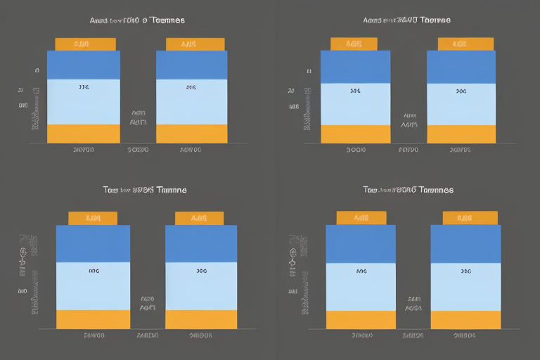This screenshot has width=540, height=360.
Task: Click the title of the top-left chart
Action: click(x=137, y=20)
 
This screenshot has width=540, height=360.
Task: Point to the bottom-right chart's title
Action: click(x=408, y=190)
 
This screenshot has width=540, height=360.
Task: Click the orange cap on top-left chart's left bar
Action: click(x=84, y=44)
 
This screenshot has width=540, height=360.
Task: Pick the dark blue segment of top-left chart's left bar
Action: click(x=83, y=65)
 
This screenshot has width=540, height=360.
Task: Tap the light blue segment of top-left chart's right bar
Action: click(x=191, y=102)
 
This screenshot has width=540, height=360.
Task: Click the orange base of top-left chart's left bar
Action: click(x=83, y=134)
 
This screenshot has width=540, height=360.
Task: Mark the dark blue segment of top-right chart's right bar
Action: click(x=461, y=67)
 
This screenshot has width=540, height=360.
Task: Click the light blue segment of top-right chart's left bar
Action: click(x=355, y=104)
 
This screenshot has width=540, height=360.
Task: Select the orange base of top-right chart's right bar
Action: click(x=461, y=134)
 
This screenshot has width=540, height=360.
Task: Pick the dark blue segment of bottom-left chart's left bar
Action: click(x=93, y=243)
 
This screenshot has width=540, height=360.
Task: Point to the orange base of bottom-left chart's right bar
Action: click(x=201, y=320)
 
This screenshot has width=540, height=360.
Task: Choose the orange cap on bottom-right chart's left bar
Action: click(x=361, y=218)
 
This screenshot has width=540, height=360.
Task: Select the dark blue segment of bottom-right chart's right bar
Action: click(x=465, y=243)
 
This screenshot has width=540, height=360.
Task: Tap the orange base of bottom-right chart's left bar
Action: click(x=361, y=320)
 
